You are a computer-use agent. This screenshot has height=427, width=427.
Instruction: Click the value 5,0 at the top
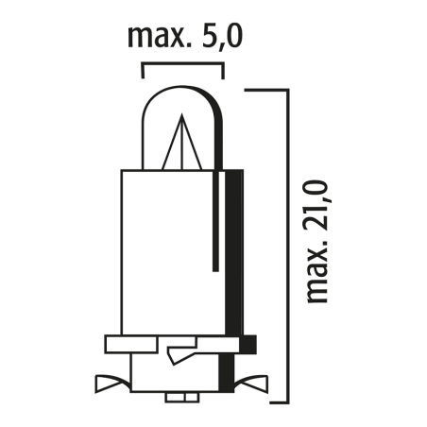220,40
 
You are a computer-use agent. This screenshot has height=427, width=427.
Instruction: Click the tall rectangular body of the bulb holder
170,250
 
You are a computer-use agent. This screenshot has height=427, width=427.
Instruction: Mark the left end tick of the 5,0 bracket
143,71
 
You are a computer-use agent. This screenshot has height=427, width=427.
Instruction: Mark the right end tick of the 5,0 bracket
223,71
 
